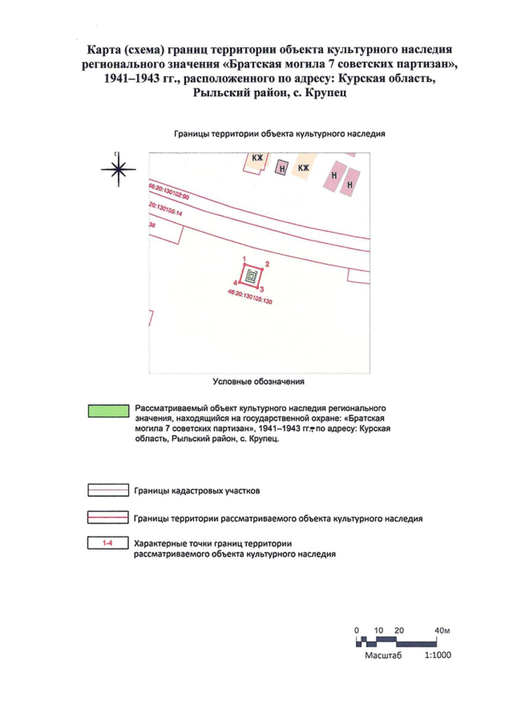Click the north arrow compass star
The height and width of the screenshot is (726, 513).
pos(118,168)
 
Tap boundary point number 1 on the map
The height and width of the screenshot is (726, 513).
pos(244,258)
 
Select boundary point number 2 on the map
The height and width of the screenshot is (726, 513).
pos(267,264)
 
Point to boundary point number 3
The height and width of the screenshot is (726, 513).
pos(262,287)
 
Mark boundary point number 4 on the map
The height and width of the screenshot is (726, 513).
pos(235,282)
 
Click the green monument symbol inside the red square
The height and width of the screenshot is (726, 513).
pos(252,275)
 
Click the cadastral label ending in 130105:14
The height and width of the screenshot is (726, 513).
pos(166,210)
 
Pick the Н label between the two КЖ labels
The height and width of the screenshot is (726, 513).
pos(281,168)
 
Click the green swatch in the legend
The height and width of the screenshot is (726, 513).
pos(107,412)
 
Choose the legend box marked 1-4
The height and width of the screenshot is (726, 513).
pos(107,544)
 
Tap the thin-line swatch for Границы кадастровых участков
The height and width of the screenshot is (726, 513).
pos(107,490)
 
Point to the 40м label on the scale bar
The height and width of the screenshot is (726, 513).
pos(442,631)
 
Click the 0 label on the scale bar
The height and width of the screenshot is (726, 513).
pos(356,631)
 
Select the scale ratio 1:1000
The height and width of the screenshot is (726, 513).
pos(438,655)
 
